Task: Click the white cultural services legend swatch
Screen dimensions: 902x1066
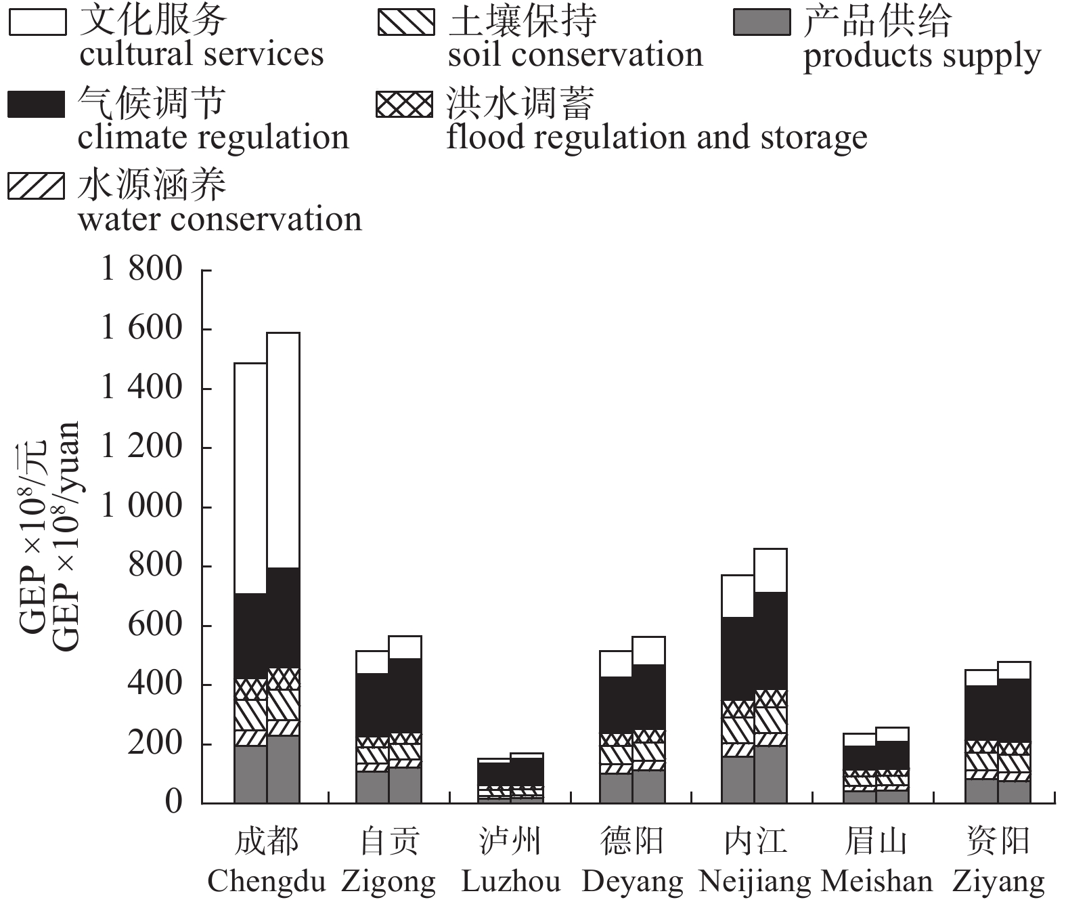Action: pos(37,22)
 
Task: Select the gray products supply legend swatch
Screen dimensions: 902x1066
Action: pos(761,22)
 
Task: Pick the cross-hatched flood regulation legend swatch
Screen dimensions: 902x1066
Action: pos(405,105)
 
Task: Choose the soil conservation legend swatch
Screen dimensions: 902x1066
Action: pos(406,22)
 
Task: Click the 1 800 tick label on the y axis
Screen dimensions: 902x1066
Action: pos(141,269)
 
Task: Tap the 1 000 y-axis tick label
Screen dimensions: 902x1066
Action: pos(141,506)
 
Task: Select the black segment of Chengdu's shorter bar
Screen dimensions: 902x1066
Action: pos(250,636)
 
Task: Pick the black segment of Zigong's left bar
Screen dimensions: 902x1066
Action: pos(372,705)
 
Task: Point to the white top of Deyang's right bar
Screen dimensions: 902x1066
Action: pos(648,650)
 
